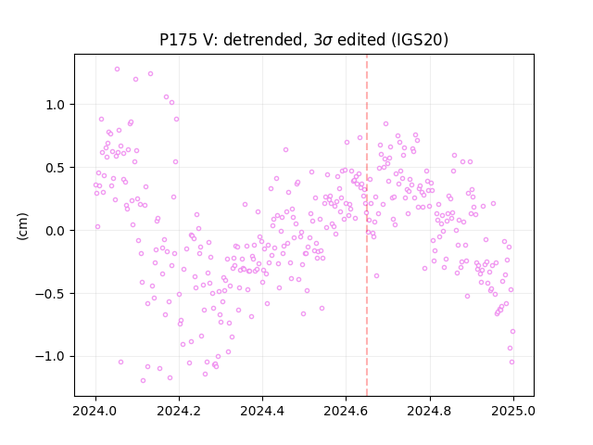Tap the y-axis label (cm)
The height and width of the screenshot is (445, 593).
pos(22,226)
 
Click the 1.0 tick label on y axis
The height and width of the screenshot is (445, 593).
pos(56,105)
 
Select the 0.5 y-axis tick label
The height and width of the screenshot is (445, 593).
pos(56,168)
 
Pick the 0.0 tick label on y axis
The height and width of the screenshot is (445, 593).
pos(56,231)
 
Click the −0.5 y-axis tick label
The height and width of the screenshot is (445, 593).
pos(50,294)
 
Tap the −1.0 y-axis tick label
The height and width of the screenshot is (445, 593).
pos(50,357)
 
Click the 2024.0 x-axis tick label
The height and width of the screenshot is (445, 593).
pos(95,411)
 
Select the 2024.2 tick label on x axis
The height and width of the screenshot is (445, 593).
pos(179,411)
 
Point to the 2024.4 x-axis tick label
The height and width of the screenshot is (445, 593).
pos(262,411)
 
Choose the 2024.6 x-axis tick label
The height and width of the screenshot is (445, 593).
pos(346,411)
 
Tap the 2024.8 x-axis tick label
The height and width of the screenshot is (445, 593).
pos(430,411)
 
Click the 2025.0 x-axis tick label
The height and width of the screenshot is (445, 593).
pos(513,411)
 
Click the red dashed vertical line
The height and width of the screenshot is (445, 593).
pos(367,225)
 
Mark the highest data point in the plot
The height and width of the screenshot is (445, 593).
pos(118,70)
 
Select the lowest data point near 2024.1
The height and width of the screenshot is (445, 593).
pos(143,381)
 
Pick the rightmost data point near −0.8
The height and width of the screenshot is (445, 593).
pos(512,332)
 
